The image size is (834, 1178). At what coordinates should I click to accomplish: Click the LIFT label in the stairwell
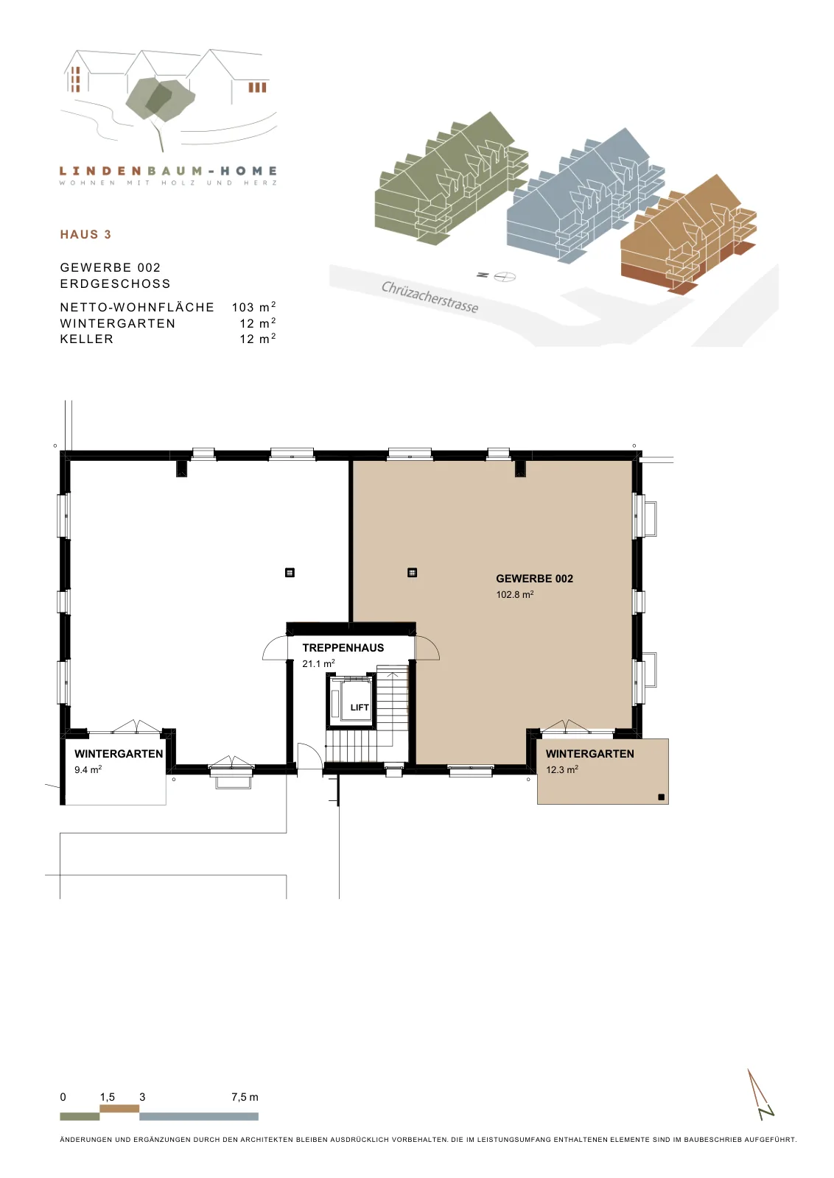click(x=360, y=708)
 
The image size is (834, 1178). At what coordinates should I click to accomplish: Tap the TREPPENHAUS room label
click(x=343, y=648)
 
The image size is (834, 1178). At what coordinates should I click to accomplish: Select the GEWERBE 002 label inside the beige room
click(x=535, y=579)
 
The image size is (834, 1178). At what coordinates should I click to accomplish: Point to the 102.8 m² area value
click(x=515, y=594)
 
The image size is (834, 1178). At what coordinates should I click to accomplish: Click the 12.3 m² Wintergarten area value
click(x=562, y=769)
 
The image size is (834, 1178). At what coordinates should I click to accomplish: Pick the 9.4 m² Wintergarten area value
click(x=88, y=769)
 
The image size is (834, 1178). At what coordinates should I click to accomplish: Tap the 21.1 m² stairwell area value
click(x=318, y=663)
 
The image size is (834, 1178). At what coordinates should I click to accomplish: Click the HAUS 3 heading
click(x=85, y=235)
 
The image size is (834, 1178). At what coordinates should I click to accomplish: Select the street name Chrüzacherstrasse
click(x=430, y=297)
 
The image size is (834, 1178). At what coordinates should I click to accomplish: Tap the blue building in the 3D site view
click(x=584, y=197)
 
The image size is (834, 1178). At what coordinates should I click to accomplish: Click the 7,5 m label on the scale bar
click(x=245, y=1097)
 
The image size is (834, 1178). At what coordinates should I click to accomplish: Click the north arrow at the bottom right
click(x=760, y=1095)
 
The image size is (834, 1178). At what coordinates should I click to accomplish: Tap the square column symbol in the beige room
click(x=412, y=573)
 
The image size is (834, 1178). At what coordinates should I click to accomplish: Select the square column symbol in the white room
click(x=290, y=573)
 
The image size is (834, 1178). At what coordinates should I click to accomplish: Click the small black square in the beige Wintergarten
click(x=662, y=797)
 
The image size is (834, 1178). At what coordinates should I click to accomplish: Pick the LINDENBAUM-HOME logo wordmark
click(x=169, y=171)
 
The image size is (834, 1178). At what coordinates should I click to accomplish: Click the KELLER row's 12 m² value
click(x=258, y=339)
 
